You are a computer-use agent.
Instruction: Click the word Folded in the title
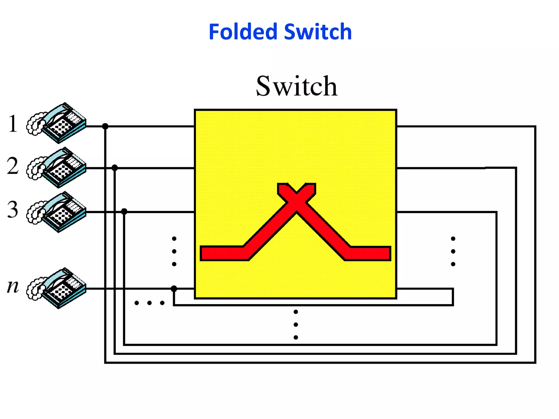[243, 32]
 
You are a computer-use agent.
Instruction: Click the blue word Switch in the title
[318, 32]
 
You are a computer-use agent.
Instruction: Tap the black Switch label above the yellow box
[297, 86]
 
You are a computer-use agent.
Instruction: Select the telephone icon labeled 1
[57, 123]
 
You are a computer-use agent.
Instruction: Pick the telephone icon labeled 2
[57, 167]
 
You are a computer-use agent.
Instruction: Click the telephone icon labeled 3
[57, 212]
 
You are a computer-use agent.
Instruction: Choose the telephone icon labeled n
[57, 288]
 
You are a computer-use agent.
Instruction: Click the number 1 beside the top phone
[13, 124]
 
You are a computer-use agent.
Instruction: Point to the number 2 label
[13, 166]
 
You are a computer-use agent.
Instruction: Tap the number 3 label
[13, 209]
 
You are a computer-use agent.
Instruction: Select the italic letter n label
[13, 286]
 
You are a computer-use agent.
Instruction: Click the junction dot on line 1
[105, 126]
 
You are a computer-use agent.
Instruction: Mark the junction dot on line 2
[115, 167]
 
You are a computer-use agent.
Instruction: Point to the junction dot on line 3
[124, 211]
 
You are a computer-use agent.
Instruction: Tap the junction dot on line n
[174, 288]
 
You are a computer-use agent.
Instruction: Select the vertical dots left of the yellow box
[174, 251]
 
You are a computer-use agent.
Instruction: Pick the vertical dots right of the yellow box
[453, 251]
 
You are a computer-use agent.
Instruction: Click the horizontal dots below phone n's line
[149, 303]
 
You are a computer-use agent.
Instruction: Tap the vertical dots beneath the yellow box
[296, 325]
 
